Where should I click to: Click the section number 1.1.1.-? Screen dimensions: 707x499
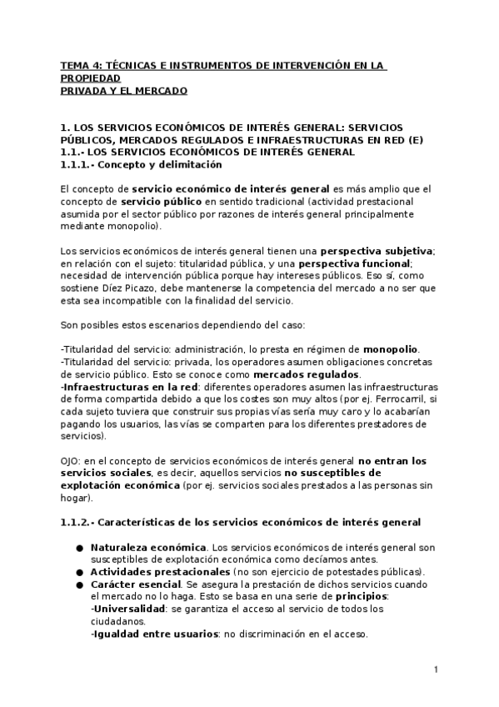tap(81, 165)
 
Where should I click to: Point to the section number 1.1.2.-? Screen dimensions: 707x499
tap(81, 522)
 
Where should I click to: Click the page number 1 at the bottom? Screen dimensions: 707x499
tap(436, 669)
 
